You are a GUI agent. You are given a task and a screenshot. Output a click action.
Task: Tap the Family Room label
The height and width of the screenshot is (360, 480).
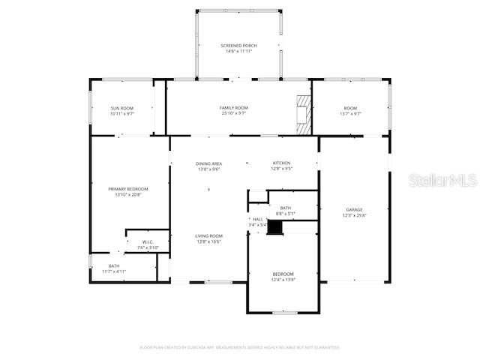pyautogui.click(x=234, y=108)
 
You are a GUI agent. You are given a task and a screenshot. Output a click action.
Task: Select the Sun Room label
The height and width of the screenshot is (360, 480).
pyautogui.click(x=121, y=109)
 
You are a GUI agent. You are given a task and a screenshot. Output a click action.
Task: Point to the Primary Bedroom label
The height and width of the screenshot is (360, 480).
pyautogui.click(x=127, y=189)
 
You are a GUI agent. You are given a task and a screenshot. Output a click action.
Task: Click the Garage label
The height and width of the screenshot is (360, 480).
pyautogui.click(x=354, y=210)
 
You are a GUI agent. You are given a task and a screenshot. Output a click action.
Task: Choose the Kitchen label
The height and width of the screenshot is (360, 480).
pyautogui.click(x=282, y=163)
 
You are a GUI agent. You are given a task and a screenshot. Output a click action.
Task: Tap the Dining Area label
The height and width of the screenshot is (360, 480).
pyautogui.click(x=208, y=163)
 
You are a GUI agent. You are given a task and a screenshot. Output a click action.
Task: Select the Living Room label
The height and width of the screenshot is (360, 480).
pyautogui.click(x=208, y=235)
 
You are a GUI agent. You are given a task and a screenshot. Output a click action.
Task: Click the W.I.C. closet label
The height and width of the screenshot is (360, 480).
pyautogui.click(x=148, y=242)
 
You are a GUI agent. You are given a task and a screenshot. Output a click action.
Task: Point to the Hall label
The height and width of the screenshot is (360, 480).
pyautogui.click(x=257, y=219)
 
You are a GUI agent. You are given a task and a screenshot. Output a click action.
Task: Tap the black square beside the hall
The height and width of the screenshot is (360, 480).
pyautogui.click(x=276, y=228)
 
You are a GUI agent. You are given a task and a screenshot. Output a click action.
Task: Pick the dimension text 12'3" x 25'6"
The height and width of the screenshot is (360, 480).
pyautogui.click(x=354, y=215)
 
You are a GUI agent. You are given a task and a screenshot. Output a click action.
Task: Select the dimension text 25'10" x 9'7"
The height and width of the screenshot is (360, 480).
pyautogui.click(x=234, y=114)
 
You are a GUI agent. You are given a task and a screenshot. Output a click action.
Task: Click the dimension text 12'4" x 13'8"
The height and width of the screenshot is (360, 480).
pyautogui.click(x=283, y=280)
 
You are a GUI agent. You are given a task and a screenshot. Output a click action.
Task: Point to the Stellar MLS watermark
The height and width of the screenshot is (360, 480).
pyautogui.click(x=443, y=181)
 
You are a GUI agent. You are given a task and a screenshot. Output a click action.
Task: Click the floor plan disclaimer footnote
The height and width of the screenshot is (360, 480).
pyautogui.click(x=240, y=347)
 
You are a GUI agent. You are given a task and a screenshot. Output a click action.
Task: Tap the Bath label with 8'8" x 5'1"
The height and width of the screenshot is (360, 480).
pyautogui.click(x=285, y=208)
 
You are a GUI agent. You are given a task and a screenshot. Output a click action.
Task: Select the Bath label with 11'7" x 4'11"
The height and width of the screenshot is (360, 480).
pyautogui.click(x=114, y=265)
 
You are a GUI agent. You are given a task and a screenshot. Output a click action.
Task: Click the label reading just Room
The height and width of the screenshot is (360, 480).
pyautogui.click(x=351, y=108)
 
